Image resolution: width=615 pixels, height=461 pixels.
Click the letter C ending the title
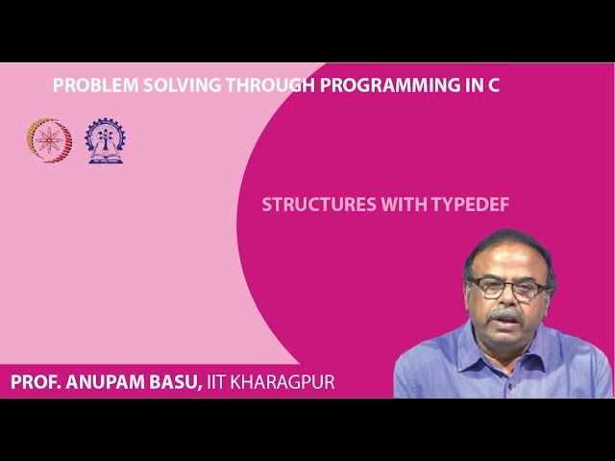(494, 85)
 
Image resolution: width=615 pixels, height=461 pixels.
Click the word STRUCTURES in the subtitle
(313, 205)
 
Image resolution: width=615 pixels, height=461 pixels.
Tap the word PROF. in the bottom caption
(36, 382)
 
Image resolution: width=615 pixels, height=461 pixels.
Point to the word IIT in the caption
(220, 382)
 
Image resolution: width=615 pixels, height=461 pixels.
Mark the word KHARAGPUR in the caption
(285, 382)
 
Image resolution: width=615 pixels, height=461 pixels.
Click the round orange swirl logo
(49, 140)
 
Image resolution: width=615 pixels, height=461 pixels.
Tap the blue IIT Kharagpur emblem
(105, 140)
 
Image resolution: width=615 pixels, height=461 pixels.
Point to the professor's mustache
(505, 314)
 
